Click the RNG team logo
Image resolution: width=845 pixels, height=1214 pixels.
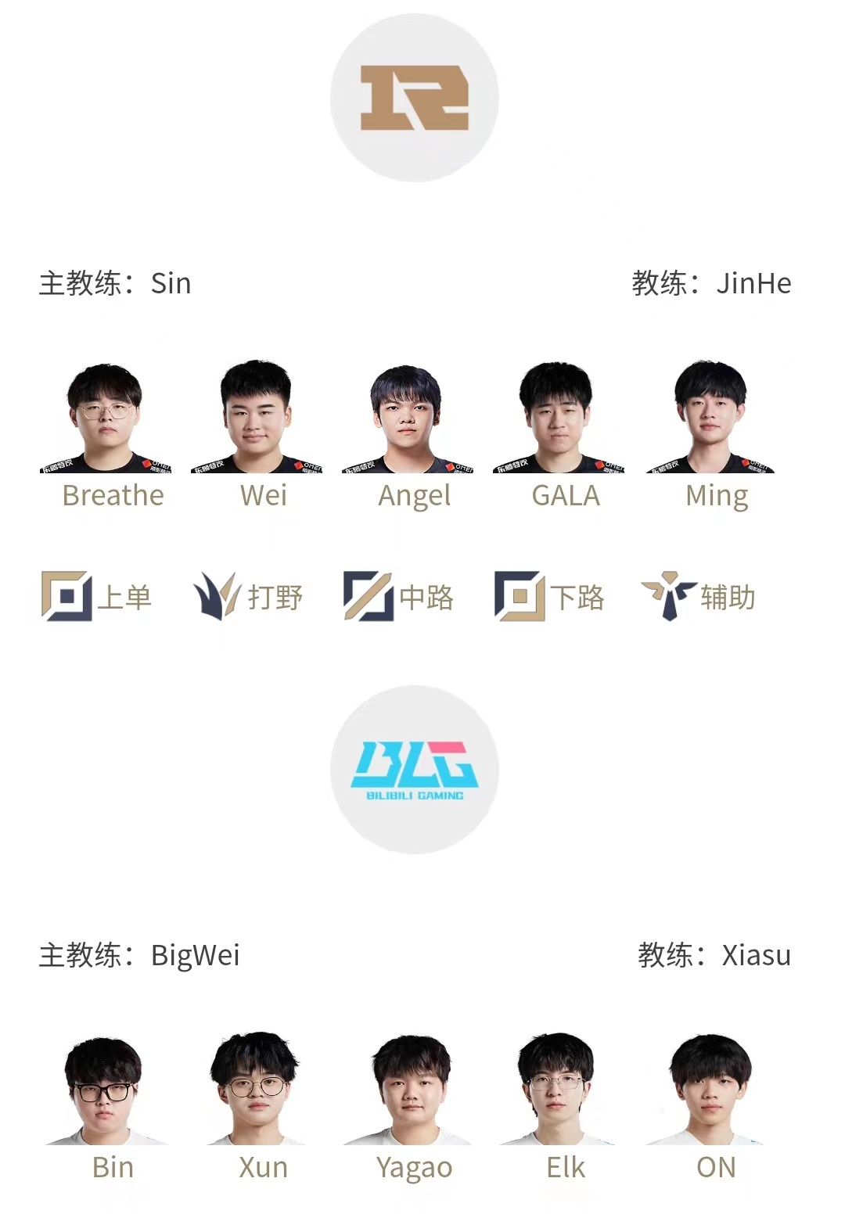click(x=414, y=98)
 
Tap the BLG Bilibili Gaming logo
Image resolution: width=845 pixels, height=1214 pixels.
click(x=414, y=770)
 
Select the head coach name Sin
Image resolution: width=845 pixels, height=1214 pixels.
click(x=171, y=283)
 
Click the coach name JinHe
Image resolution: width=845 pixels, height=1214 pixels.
click(x=753, y=283)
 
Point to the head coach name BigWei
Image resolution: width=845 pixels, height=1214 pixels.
click(x=195, y=955)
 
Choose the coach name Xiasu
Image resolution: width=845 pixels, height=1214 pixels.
click(x=756, y=955)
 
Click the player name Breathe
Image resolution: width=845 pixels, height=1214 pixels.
click(x=113, y=495)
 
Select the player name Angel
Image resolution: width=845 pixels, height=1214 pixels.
click(x=414, y=496)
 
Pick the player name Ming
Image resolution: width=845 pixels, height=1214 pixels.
click(x=716, y=496)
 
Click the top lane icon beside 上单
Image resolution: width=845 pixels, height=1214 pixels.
click(x=66, y=596)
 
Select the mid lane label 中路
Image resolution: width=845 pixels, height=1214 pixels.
click(x=426, y=598)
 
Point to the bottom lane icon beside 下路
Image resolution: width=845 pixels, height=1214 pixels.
click(x=519, y=596)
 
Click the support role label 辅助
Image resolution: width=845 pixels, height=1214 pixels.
click(x=728, y=598)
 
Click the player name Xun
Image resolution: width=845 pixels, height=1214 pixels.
click(x=263, y=1167)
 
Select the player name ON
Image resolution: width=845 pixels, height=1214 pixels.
click(x=716, y=1167)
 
